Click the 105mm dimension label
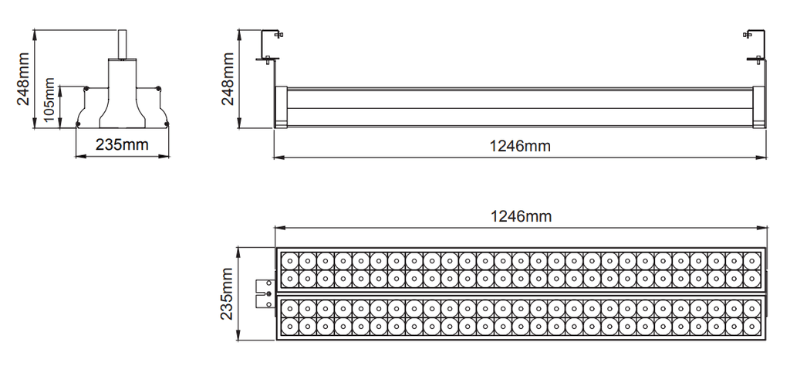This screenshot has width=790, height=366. click(x=49, y=100)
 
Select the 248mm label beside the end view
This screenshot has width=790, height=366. click(x=23, y=80)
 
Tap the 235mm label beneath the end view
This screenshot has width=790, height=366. click(x=122, y=144)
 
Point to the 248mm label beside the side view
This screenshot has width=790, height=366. click(x=228, y=80)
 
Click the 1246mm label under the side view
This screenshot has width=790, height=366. click(x=520, y=146)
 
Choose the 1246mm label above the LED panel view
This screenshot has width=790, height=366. click(x=521, y=216)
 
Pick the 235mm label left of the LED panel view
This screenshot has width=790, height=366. click(x=227, y=294)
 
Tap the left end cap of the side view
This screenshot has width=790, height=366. click(x=281, y=107)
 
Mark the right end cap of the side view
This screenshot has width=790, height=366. click(x=759, y=107)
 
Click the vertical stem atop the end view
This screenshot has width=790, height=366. click(x=122, y=44)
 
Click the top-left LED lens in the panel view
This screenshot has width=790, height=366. click(x=290, y=261)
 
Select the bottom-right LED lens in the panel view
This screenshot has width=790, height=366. click(x=751, y=326)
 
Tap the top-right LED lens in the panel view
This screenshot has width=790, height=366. click(x=751, y=261)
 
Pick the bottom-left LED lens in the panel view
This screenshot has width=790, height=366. click(x=290, y=326)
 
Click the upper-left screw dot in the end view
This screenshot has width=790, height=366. click(x=86, y=89)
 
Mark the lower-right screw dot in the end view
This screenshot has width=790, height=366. click(x=167, y=124)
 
